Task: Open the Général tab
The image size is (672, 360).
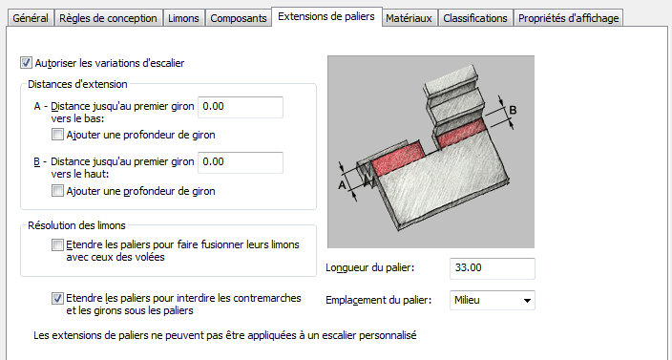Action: [31, 18]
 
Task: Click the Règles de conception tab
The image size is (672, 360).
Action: [108, 18]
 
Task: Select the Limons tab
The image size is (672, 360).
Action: [183, 18]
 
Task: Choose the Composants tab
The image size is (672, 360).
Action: [239, 18]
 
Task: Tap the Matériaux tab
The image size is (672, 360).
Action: [409, 18]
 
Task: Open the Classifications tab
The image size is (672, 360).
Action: [475, 18]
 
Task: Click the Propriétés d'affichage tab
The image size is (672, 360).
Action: [569, 18]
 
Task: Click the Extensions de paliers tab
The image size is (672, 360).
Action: [326, 17]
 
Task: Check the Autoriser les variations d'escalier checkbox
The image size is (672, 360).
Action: [26, 63]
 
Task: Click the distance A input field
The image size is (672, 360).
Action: [241, 107]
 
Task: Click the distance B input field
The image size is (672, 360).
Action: [241, 162]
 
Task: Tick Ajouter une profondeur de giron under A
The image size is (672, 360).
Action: [57, 135]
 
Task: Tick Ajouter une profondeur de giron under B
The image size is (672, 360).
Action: [57, 191]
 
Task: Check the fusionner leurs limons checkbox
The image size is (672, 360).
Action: [57, 244]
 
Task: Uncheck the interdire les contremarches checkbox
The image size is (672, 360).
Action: [57, 298]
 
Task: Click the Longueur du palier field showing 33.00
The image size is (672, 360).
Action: [493, 268]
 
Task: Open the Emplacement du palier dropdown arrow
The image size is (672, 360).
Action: [527, 301]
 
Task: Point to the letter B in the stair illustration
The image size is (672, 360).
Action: [513, 111]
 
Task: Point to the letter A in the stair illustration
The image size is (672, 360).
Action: [342, 185]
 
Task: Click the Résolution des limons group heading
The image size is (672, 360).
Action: [76, 225]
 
